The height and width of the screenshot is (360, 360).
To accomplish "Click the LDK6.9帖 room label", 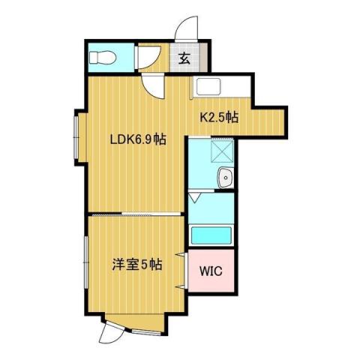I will [x=138, y=139].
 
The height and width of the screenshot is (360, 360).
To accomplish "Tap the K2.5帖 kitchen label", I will [x=218, y=117].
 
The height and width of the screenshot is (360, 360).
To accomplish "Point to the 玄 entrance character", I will [x=184, y=57].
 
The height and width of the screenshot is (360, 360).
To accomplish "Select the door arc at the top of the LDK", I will [x=154, y=86].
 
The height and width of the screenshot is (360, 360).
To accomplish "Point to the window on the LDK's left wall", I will [x=78, y=134].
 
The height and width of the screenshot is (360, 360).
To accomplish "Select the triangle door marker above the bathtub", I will [x=193, y=198].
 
